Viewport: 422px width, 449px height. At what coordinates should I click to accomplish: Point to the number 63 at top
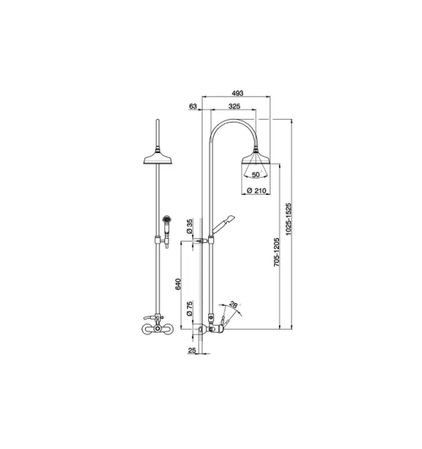point(193,106)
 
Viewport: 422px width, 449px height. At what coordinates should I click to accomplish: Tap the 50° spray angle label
point(256,175)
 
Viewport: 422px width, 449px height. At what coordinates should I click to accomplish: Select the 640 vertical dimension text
point(178,285)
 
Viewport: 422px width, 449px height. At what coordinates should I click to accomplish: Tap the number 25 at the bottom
point(192,351)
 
